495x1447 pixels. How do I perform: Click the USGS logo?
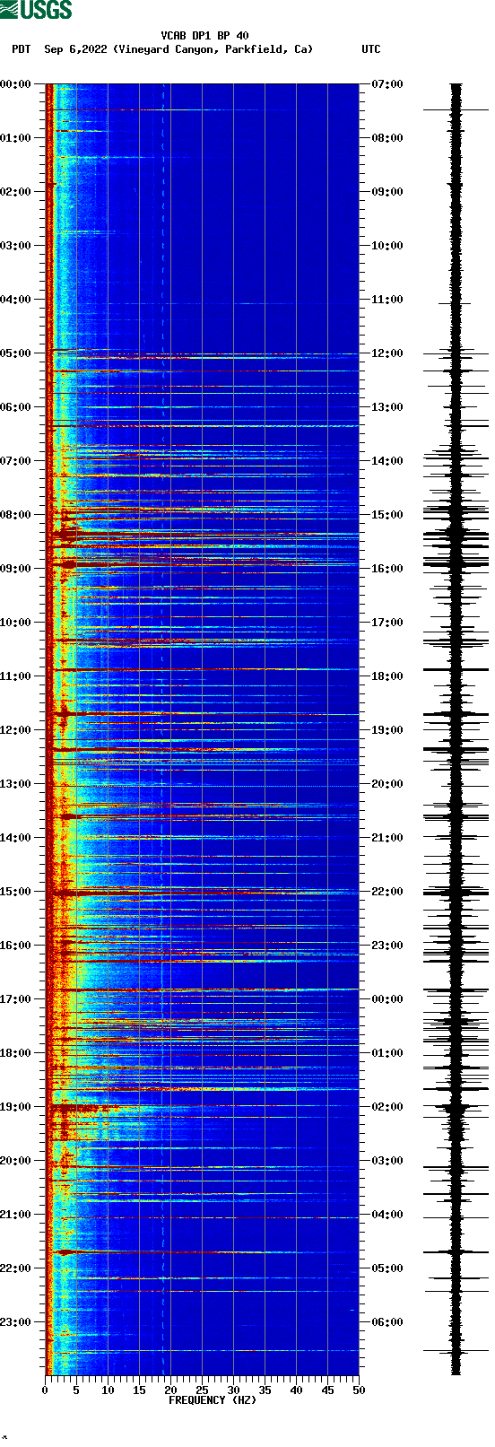36,10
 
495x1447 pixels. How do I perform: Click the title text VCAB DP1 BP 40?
204,36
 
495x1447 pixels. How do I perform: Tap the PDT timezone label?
21,49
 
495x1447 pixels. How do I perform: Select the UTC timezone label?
370,49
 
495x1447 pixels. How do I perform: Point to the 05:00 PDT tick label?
15,353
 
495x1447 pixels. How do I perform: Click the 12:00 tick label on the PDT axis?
15,730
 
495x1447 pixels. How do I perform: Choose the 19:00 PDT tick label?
15,1107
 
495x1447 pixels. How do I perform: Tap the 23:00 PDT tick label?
15,1322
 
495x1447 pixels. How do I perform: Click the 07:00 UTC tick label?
387,84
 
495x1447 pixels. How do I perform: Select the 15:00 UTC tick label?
387,515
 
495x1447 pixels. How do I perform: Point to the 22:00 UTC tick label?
387,892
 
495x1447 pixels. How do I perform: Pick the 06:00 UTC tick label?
387,1322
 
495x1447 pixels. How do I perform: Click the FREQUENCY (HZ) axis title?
213,1400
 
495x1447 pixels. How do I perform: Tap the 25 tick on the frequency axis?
202,1390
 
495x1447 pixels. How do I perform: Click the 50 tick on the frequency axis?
359,1390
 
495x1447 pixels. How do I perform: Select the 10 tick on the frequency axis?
108,1390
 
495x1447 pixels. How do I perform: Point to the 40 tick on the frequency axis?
296,1390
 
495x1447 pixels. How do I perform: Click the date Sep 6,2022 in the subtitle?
75,49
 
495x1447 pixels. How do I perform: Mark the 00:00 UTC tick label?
387,999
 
